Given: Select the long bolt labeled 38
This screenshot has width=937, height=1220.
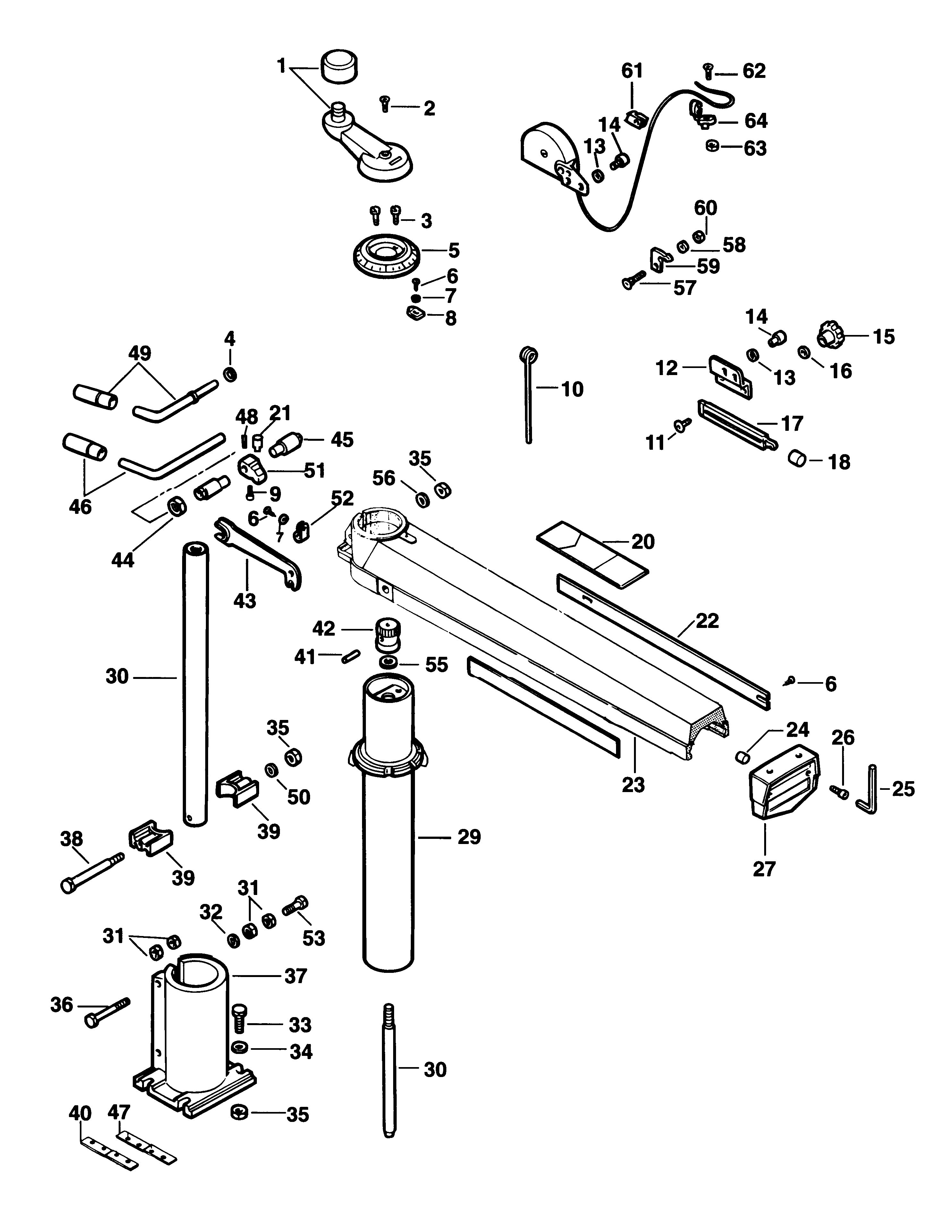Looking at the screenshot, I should coord(92,873).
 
